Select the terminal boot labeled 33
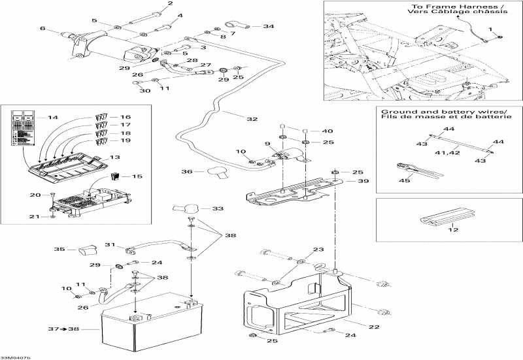184,208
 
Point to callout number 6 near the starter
43,29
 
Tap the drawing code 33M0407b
15,356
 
